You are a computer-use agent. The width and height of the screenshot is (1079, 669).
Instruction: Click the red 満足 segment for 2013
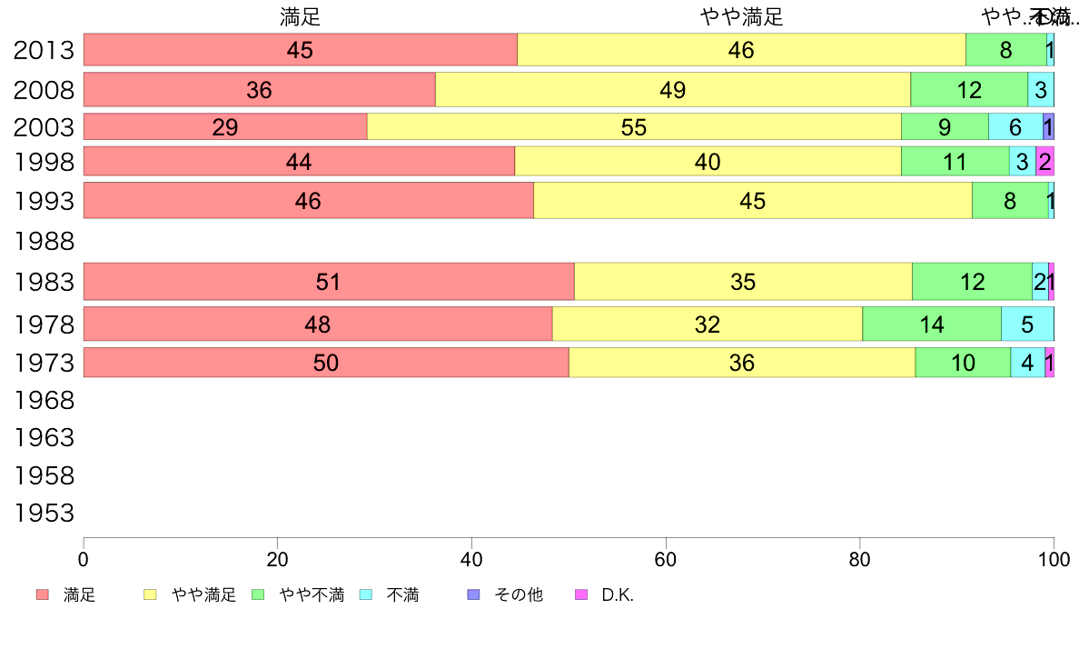(300, 50)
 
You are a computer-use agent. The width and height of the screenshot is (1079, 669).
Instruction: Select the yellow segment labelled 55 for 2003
(634, 126)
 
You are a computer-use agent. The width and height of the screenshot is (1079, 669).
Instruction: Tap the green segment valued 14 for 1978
(931, 324)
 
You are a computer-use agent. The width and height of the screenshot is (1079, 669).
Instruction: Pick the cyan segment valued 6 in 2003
(1015, 126)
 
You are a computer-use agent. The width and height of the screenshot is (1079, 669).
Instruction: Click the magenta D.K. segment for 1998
(1044, 162)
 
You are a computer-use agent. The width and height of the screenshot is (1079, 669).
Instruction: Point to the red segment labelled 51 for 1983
(328, 282)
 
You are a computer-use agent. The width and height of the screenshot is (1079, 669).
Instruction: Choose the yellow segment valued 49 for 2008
(672, 90)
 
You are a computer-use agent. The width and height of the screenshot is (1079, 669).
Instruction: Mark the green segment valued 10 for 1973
(963, 363)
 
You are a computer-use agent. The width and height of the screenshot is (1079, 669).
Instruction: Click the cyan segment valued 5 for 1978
(1027, 324)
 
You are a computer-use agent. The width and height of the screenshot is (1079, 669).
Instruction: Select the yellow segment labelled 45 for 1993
(752, 201)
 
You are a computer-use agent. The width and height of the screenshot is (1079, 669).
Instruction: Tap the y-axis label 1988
(44, 242)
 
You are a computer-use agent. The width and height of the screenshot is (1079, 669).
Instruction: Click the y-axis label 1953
(44, 514)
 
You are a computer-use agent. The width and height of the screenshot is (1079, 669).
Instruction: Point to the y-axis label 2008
(44, 90)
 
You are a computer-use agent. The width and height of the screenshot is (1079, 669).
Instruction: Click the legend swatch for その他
(473, 595)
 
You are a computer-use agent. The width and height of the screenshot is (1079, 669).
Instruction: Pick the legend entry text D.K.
(618, 595)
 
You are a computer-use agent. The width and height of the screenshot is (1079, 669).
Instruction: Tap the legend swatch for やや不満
(258, 595)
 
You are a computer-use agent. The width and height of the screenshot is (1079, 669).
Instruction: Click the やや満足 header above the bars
(741, 16)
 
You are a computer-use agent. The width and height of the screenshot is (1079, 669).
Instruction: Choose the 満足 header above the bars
(300, 16)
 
